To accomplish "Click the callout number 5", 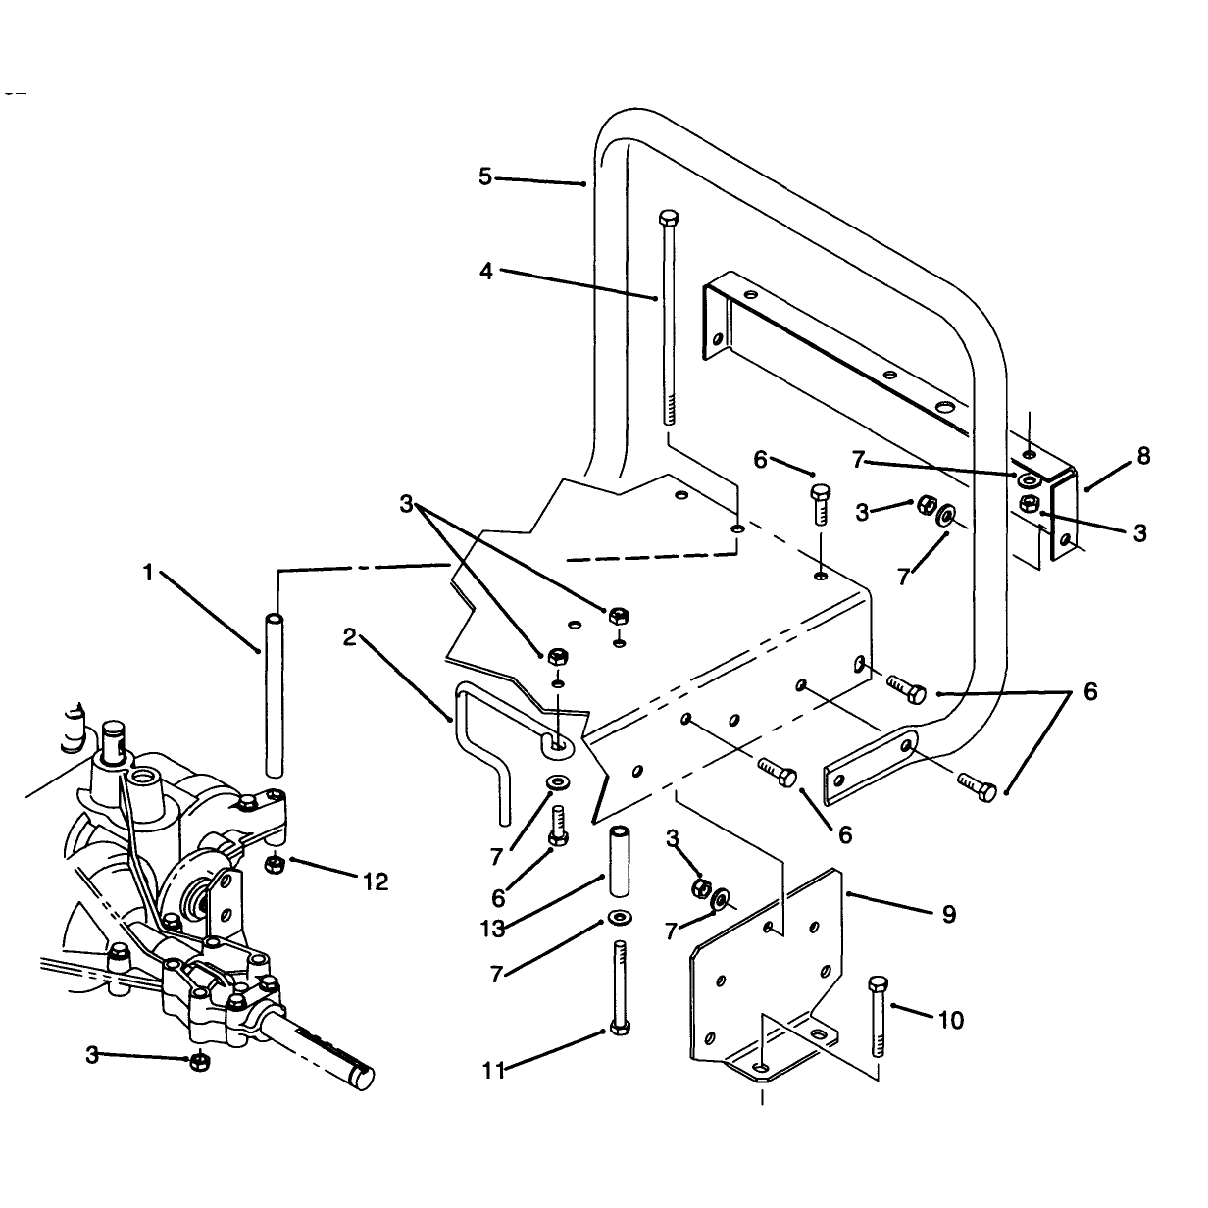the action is click(485, 176).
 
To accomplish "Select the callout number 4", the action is click(486, 271).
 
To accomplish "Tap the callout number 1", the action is click(148, 572).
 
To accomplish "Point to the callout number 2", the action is click(349, 637).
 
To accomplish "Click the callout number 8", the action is click(1143, 456).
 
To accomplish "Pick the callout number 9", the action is click(949, 914).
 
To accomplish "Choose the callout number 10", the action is click(950, 1020).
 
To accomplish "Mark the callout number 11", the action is click(493, 1070).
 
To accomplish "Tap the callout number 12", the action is click(376, 881).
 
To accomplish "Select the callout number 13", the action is click(493, 929).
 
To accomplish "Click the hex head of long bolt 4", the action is click(669, 219).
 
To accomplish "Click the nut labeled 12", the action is click(274, 865).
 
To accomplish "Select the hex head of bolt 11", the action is click(620, 1029).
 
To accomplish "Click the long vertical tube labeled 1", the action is click(274, 696).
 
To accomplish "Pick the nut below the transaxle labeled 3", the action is click(200, 1061).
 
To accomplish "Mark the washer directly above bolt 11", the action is click(620, 919).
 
